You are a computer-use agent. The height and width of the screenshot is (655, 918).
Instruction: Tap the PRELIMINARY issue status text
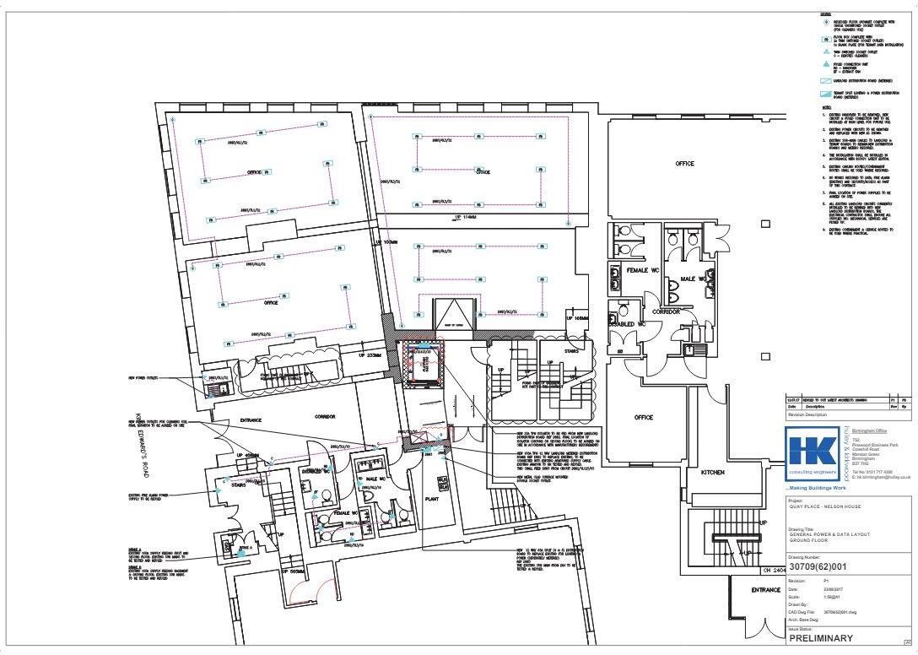point(820,638)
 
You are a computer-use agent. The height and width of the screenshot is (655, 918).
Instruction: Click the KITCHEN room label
point(712,473)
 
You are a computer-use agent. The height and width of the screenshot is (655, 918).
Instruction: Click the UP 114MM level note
point(467,217)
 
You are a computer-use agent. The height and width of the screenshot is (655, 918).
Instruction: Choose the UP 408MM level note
point(246,455)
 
